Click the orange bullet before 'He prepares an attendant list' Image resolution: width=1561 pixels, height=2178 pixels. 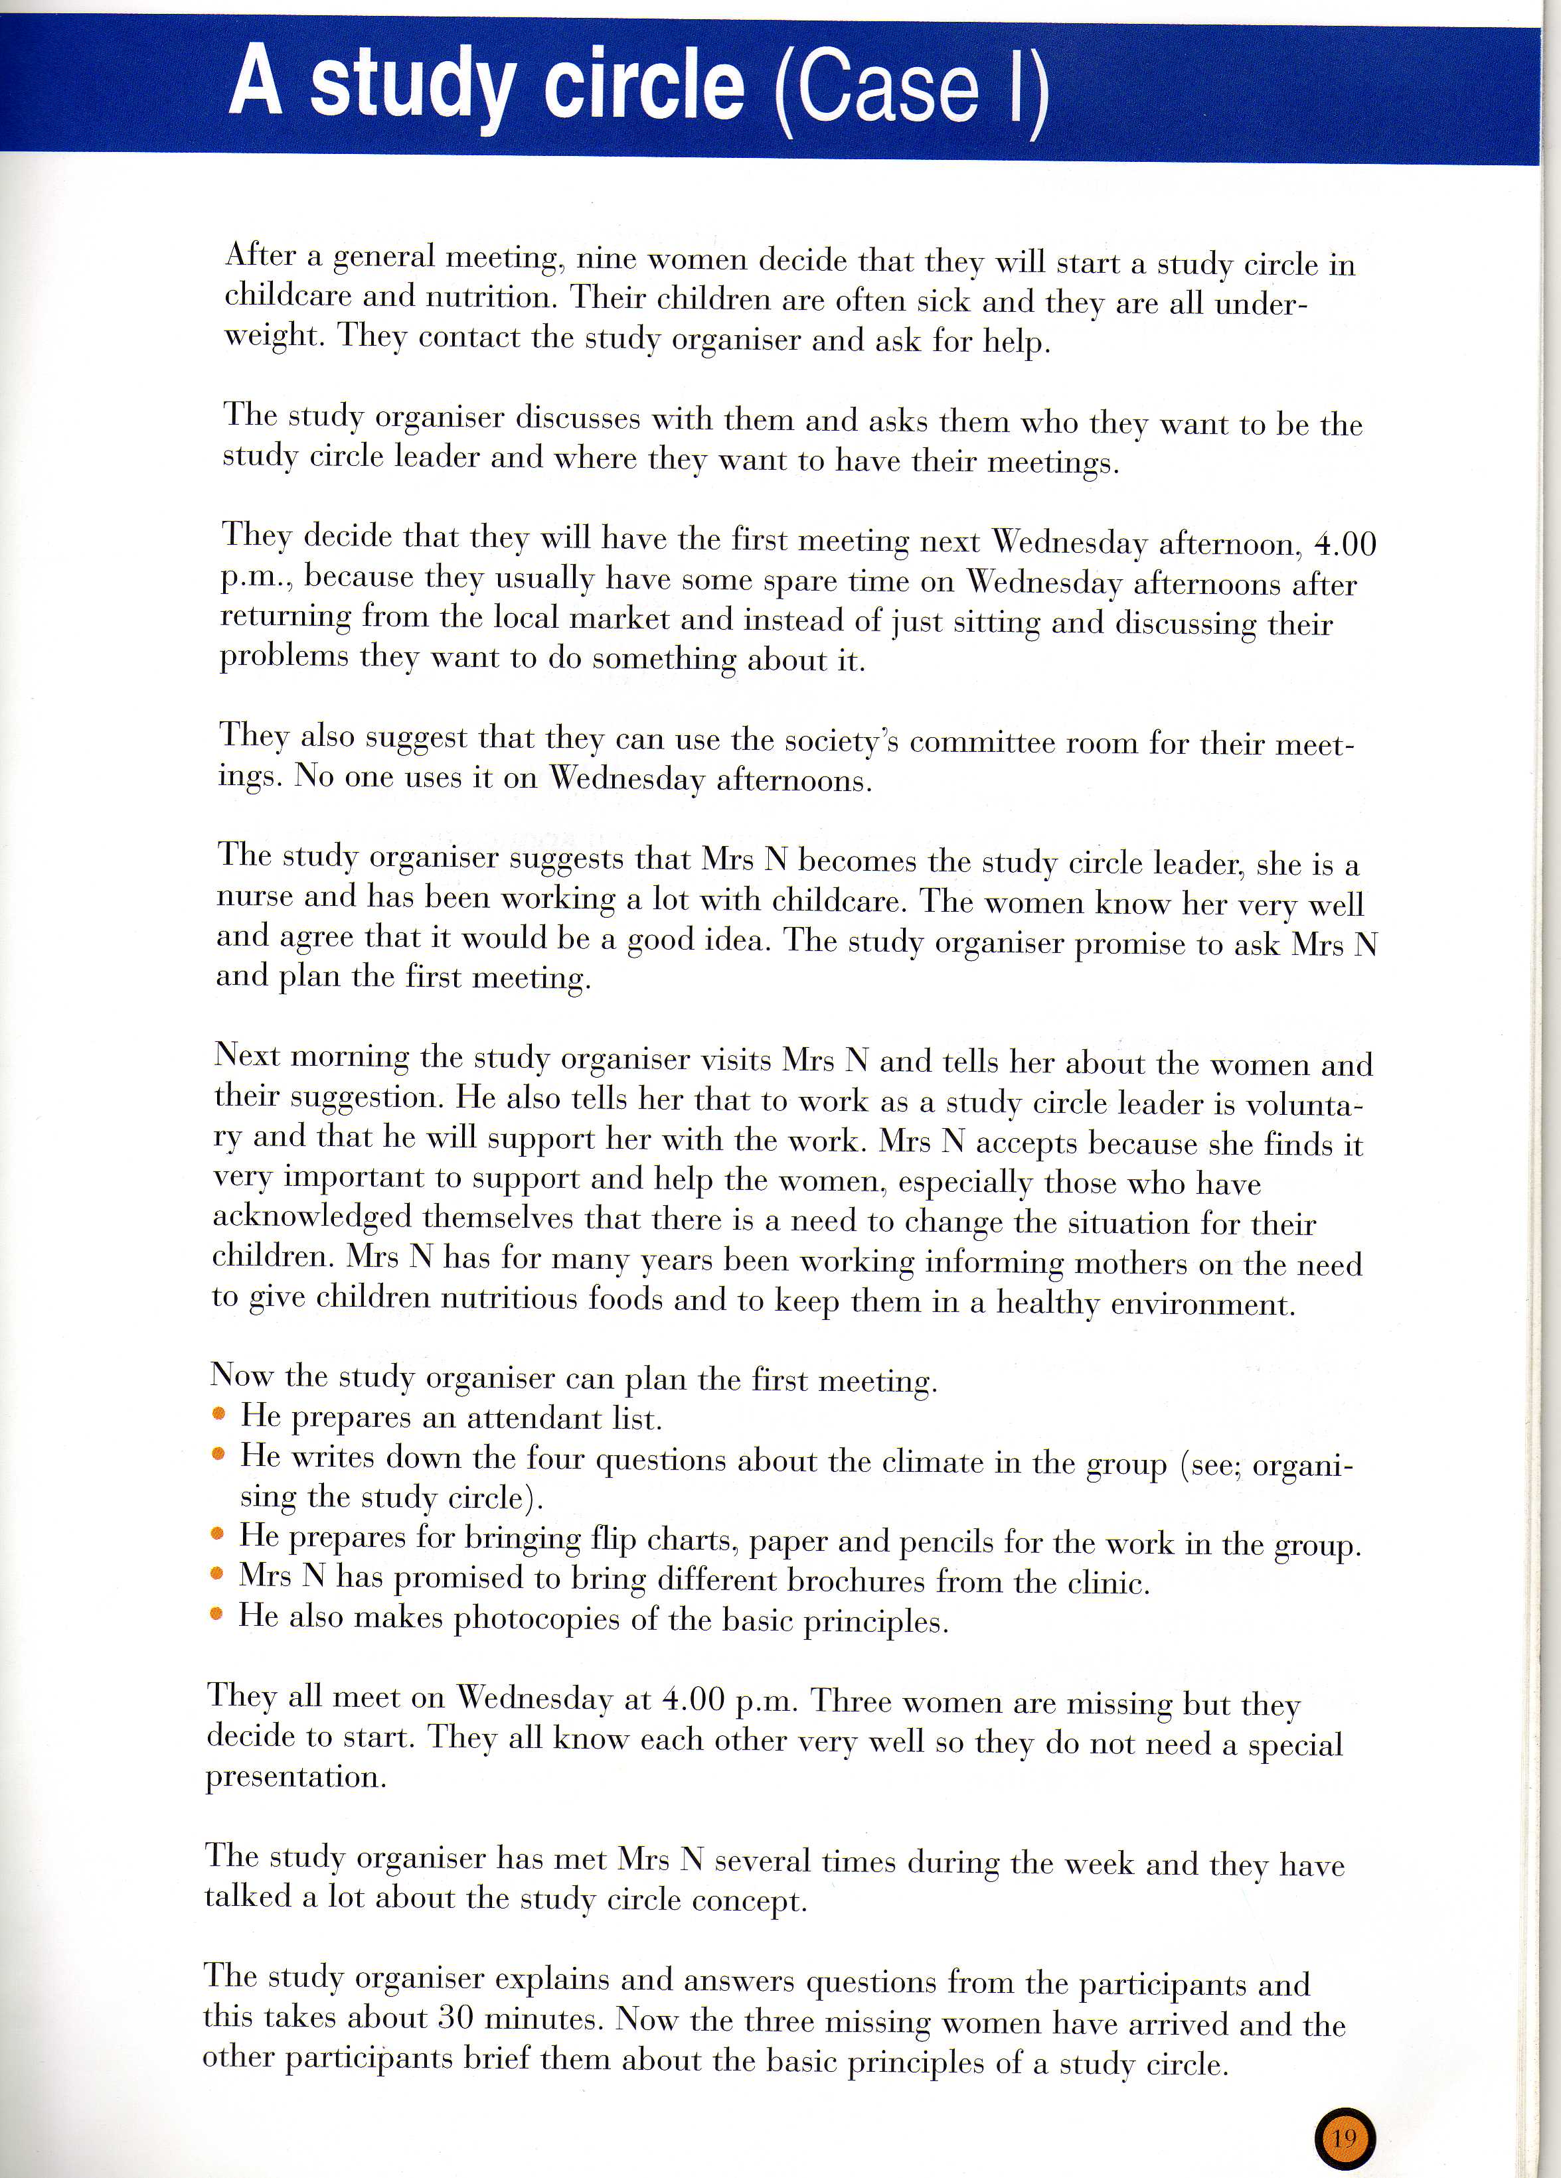(219, 1415)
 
